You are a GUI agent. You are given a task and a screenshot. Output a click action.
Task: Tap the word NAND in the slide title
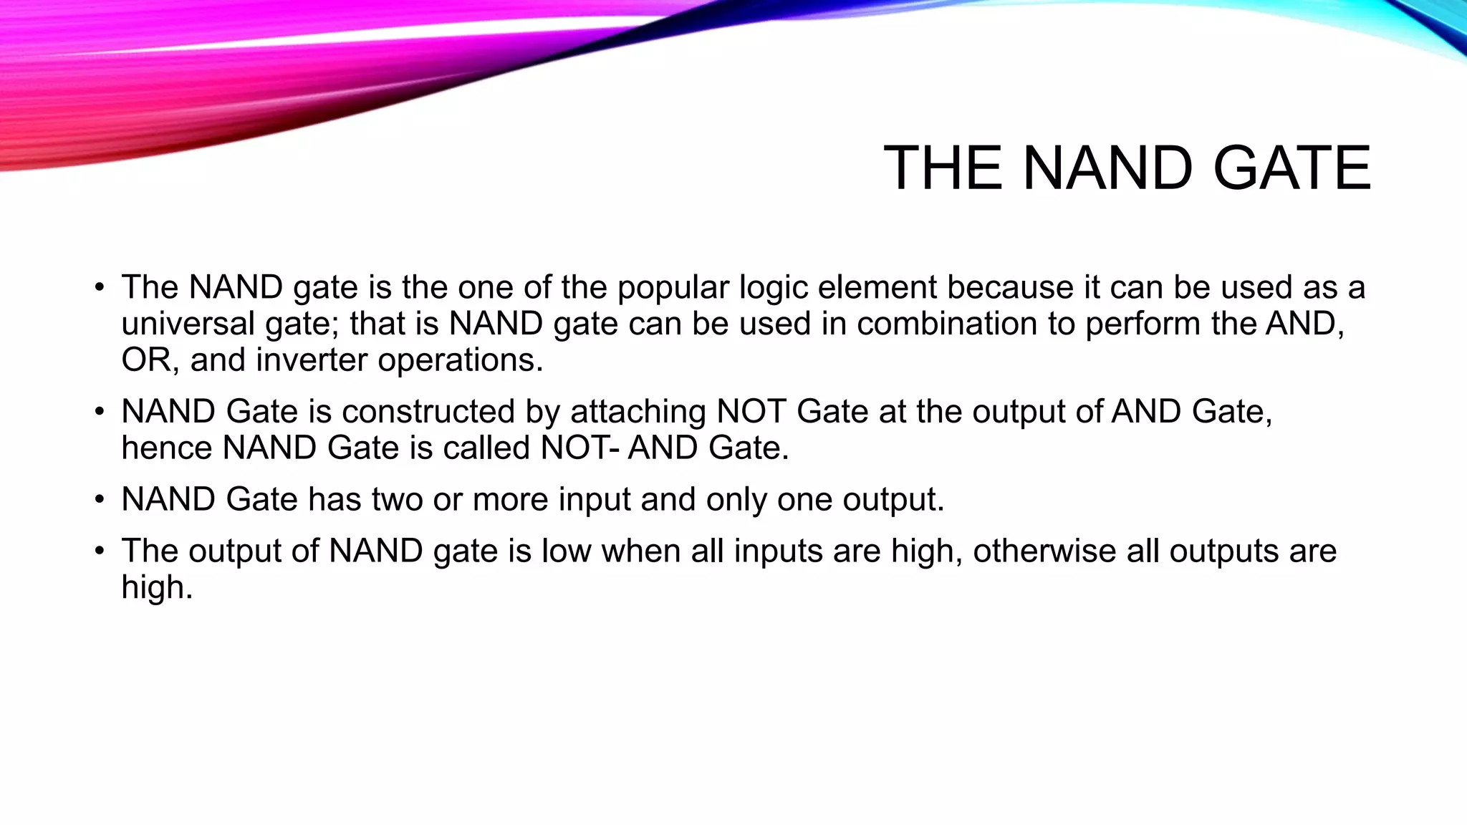click(x=1107, y=168)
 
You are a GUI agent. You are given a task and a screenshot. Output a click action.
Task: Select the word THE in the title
click(x=943, y=168)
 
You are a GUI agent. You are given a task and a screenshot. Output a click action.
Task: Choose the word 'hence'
click(x=167, y=448)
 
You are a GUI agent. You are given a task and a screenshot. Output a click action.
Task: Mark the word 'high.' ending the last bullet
click(x=158, y=588)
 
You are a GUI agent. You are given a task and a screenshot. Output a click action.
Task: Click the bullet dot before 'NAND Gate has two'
click(x=100, y=500)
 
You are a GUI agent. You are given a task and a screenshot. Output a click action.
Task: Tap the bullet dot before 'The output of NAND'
click(x=100, y=551)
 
